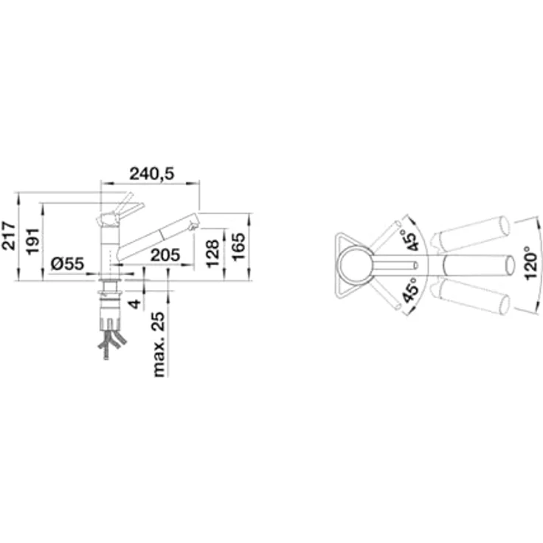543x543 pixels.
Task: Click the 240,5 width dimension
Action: point(152,174)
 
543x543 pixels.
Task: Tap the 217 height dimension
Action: point(9,235)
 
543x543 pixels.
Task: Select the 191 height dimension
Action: point(33,241)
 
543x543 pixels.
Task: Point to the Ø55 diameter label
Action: point(67,264)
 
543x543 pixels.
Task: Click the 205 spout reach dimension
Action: point(165,255)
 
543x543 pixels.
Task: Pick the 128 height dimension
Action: point(212,253)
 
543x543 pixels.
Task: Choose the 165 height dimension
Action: point(238,247)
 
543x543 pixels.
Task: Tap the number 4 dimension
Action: point(135,304)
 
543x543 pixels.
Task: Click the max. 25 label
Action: point(159,344)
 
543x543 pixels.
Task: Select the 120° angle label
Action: point(531,263)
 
